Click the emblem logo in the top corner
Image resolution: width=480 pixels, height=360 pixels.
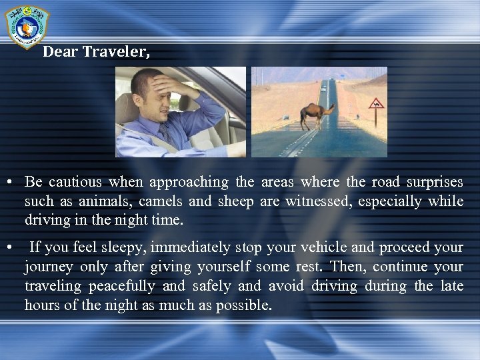coord(27,26)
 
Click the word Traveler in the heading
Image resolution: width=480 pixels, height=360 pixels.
coord(116,52)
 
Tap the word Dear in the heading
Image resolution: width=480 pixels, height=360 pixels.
coord(60,52)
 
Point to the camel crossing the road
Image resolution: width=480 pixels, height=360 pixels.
coord(316,115)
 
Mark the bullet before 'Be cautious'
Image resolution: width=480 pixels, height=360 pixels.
coord(9,182)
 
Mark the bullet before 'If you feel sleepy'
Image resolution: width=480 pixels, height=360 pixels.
coord(9,248)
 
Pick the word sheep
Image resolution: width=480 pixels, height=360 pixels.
coord(235,201)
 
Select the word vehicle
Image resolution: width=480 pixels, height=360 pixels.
coord(323,248)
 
